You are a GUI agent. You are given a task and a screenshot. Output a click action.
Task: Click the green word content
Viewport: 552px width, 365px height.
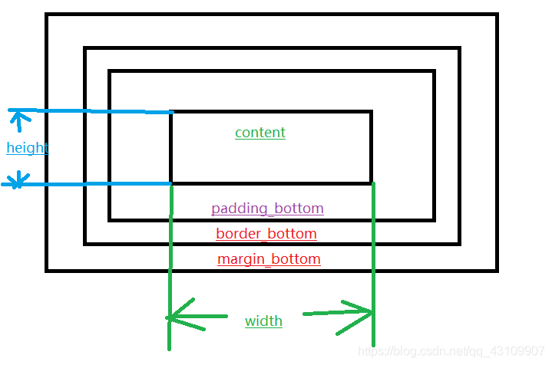pos(260,133)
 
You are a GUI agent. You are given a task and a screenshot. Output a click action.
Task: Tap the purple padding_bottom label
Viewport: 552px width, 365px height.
pos(267,209)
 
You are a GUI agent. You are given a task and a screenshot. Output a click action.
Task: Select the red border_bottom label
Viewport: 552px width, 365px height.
pos(266,233)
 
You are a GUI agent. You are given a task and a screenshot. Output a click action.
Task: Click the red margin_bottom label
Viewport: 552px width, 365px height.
pos(269,259)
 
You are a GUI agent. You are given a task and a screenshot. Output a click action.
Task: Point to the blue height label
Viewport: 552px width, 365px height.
pos(28,148)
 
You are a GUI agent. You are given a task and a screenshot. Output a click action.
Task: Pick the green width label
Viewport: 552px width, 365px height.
pos(263,321)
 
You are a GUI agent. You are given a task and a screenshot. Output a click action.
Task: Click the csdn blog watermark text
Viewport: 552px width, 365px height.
pos(451,351)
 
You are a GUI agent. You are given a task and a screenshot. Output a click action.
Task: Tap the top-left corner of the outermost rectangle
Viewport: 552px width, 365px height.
pos(47,15)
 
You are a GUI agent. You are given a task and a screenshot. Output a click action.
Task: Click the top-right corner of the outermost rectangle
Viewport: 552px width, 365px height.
pos(497,15)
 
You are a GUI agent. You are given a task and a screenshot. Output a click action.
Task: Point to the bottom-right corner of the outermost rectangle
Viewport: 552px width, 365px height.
pos(497,270)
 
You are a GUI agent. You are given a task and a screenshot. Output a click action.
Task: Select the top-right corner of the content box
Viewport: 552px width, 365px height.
pos(371,112)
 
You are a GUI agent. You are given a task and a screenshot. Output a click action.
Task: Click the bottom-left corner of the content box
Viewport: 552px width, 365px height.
pos(170,183)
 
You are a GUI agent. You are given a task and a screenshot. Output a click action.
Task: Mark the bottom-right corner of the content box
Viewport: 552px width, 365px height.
pos(372,183)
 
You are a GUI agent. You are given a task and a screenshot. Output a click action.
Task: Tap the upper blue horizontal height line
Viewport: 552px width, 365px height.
pos(92,111)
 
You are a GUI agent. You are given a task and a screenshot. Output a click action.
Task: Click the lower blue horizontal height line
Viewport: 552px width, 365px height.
pos(92,184)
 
